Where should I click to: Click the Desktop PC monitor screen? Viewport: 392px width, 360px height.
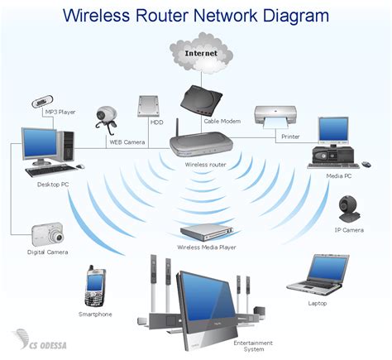[40, 146]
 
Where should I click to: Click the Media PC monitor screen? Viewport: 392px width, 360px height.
[334, 129]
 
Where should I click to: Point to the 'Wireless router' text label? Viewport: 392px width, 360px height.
[206, 165]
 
